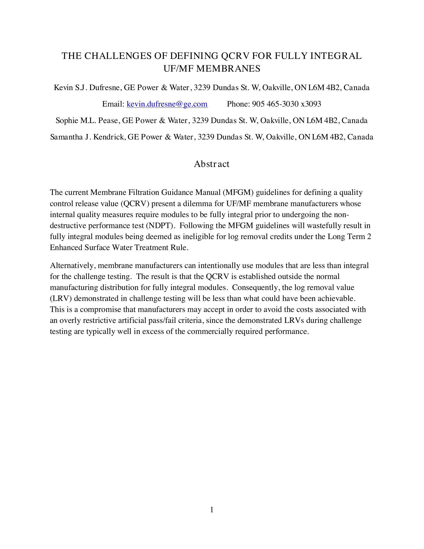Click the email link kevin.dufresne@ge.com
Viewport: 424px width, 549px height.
(167, 104)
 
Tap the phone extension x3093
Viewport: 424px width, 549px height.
(311, 104)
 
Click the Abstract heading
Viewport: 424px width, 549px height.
(212, 164)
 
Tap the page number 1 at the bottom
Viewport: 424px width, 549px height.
(212, 510)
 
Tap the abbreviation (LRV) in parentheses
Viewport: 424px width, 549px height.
(61, 298)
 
